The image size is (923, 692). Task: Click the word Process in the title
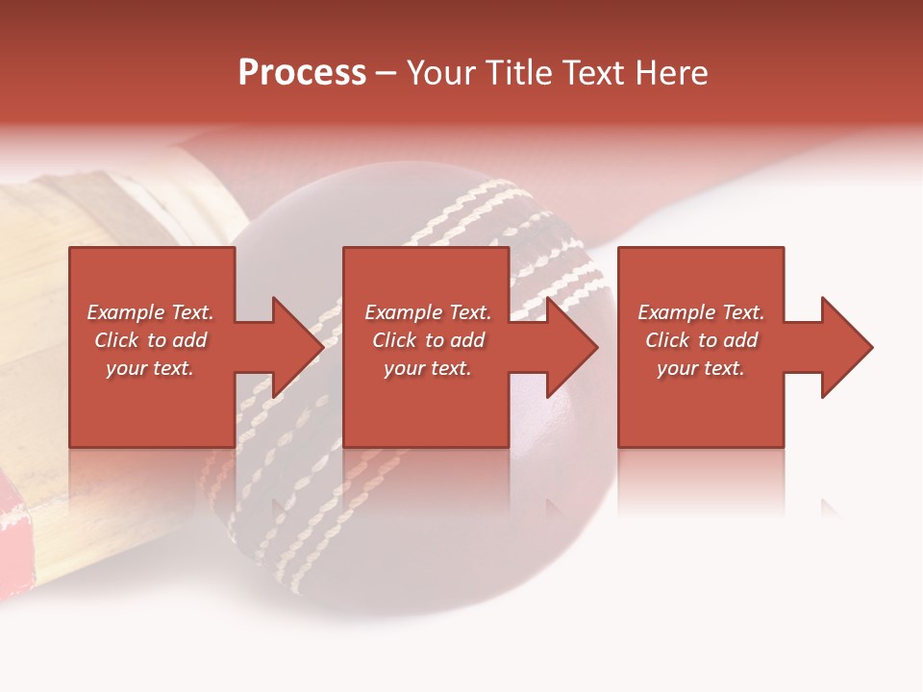click(302, 73)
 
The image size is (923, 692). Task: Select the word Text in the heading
click(594, 73)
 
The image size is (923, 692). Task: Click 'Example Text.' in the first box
click(150, 312)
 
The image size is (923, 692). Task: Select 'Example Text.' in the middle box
click(428, 312)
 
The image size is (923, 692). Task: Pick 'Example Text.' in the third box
click(701, 312)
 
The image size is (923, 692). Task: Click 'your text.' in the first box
click(150, 368)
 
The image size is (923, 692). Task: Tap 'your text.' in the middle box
click(428, 368)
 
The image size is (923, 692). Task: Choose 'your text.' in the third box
click(701, 368)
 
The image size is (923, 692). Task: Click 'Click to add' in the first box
click(150, 340)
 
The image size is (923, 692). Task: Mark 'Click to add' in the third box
click(701, 340)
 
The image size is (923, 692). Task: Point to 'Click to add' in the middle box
click(428, 340)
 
